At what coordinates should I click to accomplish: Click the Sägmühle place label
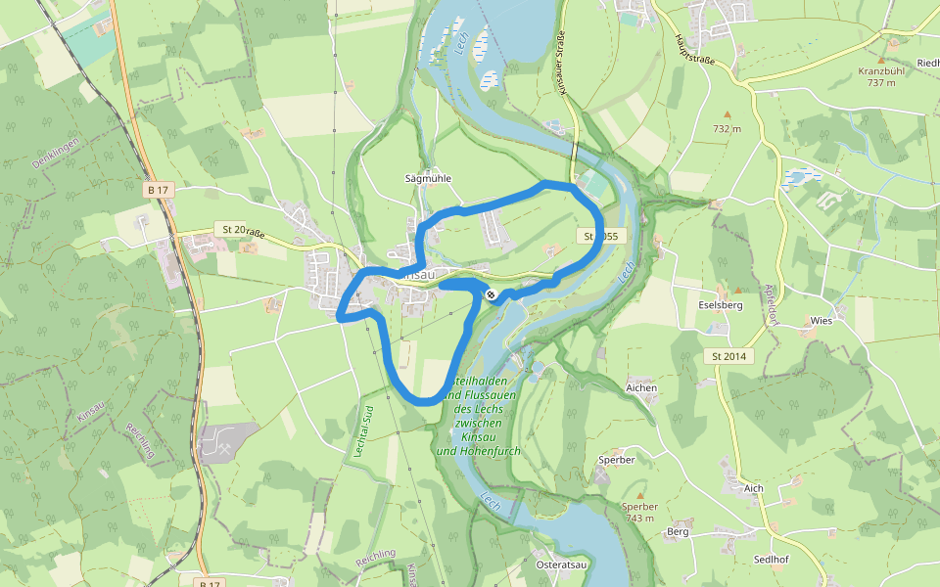click(428, 179)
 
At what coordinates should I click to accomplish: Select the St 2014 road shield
click(728, 356)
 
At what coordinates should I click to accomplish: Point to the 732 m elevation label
click(727, 128)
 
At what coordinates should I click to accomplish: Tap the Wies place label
click(821, 320)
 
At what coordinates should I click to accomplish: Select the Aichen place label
click(641, 387)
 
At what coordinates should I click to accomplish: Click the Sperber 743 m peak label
click(639, 512)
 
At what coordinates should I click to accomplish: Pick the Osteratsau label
click(561, 564)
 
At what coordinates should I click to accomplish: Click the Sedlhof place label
click(772, 560)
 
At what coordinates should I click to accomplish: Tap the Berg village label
click(678, 531)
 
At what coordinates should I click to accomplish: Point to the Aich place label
click(753, 487)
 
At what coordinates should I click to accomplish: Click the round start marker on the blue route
click(491, 294)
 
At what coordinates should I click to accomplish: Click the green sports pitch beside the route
click(592, 185)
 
